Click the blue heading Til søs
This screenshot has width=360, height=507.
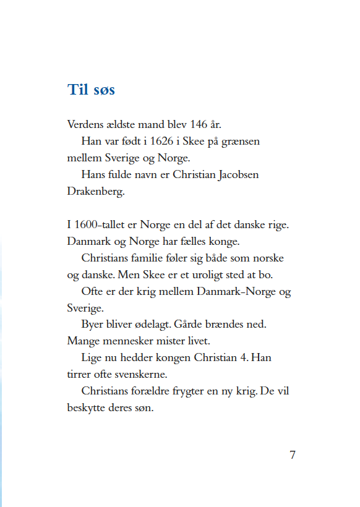[x=91, y=90]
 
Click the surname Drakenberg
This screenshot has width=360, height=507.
[x=95, y=192]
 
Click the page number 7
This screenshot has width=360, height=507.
[x=293, y=455]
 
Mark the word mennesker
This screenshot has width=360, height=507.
[x=131, y=341]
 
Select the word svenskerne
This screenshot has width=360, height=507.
[x=152, y=375]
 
